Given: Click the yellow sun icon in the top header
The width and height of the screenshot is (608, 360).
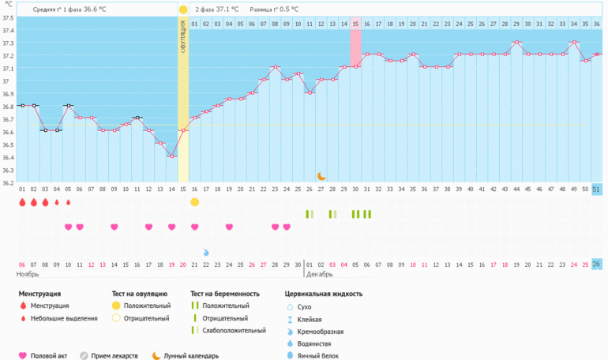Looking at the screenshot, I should click(x=183, y=9).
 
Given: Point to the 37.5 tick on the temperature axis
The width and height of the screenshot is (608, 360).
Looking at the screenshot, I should click(x=8, y=18).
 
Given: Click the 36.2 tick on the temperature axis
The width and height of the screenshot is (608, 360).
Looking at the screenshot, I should click(x=8, y=182).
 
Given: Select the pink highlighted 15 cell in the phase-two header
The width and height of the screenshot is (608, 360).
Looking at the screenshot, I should click(x=355, y=24).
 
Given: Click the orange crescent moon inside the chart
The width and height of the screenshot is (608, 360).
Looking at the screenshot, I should click(x=321, y=176).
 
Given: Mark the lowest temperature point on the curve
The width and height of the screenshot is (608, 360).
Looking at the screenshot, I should click(x=171, y=156).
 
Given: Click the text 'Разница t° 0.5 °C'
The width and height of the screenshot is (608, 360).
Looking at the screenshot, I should click(x=273, y=9).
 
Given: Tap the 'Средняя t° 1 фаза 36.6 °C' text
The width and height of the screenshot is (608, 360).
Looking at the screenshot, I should click(x=70, y=9).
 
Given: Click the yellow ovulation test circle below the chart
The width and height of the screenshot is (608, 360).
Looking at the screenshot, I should click(x=194, y=202).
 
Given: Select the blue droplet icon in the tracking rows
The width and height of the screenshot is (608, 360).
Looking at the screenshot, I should click(x=206, y=252).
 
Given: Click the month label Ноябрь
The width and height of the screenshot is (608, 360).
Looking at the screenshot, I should click(x=28, y=274).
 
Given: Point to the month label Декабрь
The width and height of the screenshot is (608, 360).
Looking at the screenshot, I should click(x=319, y=274).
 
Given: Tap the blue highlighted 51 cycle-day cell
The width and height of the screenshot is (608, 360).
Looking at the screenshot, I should click(x=596, y=189).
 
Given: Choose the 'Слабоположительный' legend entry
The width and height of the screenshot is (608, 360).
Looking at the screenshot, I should click(x=234, y=331).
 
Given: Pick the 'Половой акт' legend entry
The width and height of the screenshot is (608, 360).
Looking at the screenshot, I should click(x=47, y=356).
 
